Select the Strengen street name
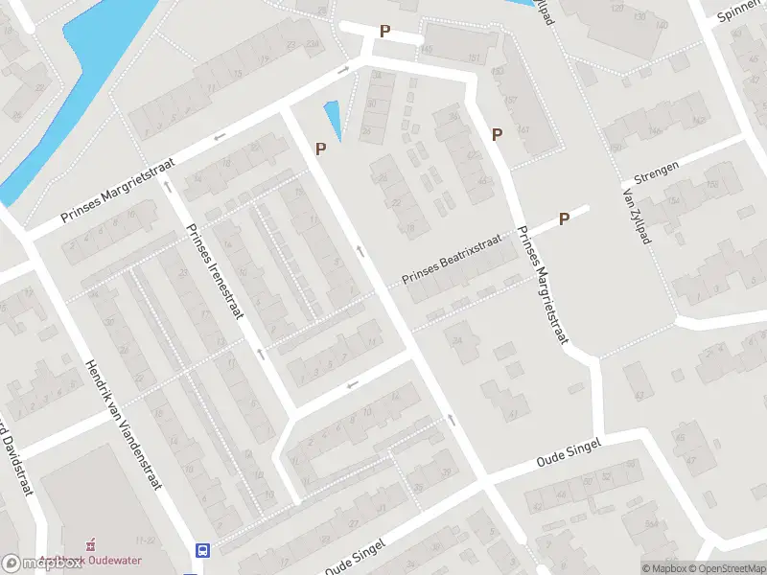point(657,172)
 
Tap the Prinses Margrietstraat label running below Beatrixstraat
point(543,284)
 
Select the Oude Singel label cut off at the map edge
point(354,559)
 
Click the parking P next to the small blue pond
point(321,149)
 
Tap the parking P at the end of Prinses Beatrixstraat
point(565,218)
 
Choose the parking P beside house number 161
point(497,135)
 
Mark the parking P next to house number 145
point(384,31)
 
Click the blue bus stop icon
point(202,550)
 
